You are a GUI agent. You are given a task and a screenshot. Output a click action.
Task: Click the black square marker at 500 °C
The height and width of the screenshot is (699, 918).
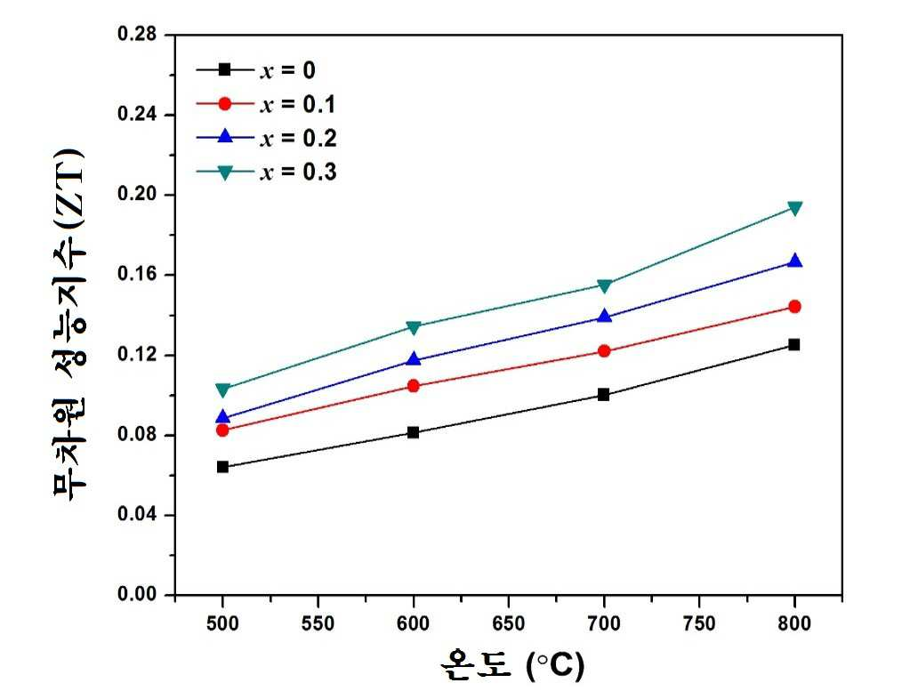tap(222, 467)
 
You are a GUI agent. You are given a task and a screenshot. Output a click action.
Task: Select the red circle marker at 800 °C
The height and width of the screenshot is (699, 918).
tap(794, 306)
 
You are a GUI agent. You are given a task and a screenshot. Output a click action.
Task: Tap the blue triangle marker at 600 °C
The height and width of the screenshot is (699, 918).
tap(414, 359)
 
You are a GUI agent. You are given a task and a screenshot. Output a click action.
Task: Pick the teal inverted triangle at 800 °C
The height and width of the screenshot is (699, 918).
tap(794, 208)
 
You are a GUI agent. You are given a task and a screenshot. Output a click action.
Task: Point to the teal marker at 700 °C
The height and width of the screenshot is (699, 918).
tap(604, 285)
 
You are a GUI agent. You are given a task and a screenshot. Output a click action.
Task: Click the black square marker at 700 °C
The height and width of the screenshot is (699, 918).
tap(604, 395)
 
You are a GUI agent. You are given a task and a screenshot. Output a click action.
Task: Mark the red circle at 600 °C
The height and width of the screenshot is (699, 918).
tap(414, 385)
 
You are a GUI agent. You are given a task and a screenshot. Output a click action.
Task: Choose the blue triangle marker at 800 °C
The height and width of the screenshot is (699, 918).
tap(794, 261)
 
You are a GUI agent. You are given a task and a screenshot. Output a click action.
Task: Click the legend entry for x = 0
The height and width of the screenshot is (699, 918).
tap(256, 70)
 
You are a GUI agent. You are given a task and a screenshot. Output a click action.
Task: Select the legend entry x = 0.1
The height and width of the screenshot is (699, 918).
tap(266, 104)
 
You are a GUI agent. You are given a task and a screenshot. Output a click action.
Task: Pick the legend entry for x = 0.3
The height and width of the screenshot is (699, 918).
tap(266, 173)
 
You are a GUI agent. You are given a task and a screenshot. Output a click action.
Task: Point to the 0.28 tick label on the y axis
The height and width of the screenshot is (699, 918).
tap(138, 34)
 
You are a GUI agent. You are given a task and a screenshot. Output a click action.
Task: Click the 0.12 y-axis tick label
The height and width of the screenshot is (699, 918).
tap(138, 354)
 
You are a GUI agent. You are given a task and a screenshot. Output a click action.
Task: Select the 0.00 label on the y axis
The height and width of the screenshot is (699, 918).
tap(138, 594)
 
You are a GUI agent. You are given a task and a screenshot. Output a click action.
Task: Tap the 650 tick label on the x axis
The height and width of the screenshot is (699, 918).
tap(508, 623)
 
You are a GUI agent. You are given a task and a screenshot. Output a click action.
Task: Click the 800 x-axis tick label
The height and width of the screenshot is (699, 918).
tap(794, 623)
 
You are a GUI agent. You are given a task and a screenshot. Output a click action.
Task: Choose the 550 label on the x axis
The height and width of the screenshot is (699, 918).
tap(318, 623)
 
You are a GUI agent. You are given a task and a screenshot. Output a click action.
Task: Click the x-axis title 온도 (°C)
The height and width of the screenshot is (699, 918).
tap(512, 665)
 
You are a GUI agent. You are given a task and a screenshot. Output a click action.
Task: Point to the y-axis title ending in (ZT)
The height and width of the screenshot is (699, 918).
tap(69, 324)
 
